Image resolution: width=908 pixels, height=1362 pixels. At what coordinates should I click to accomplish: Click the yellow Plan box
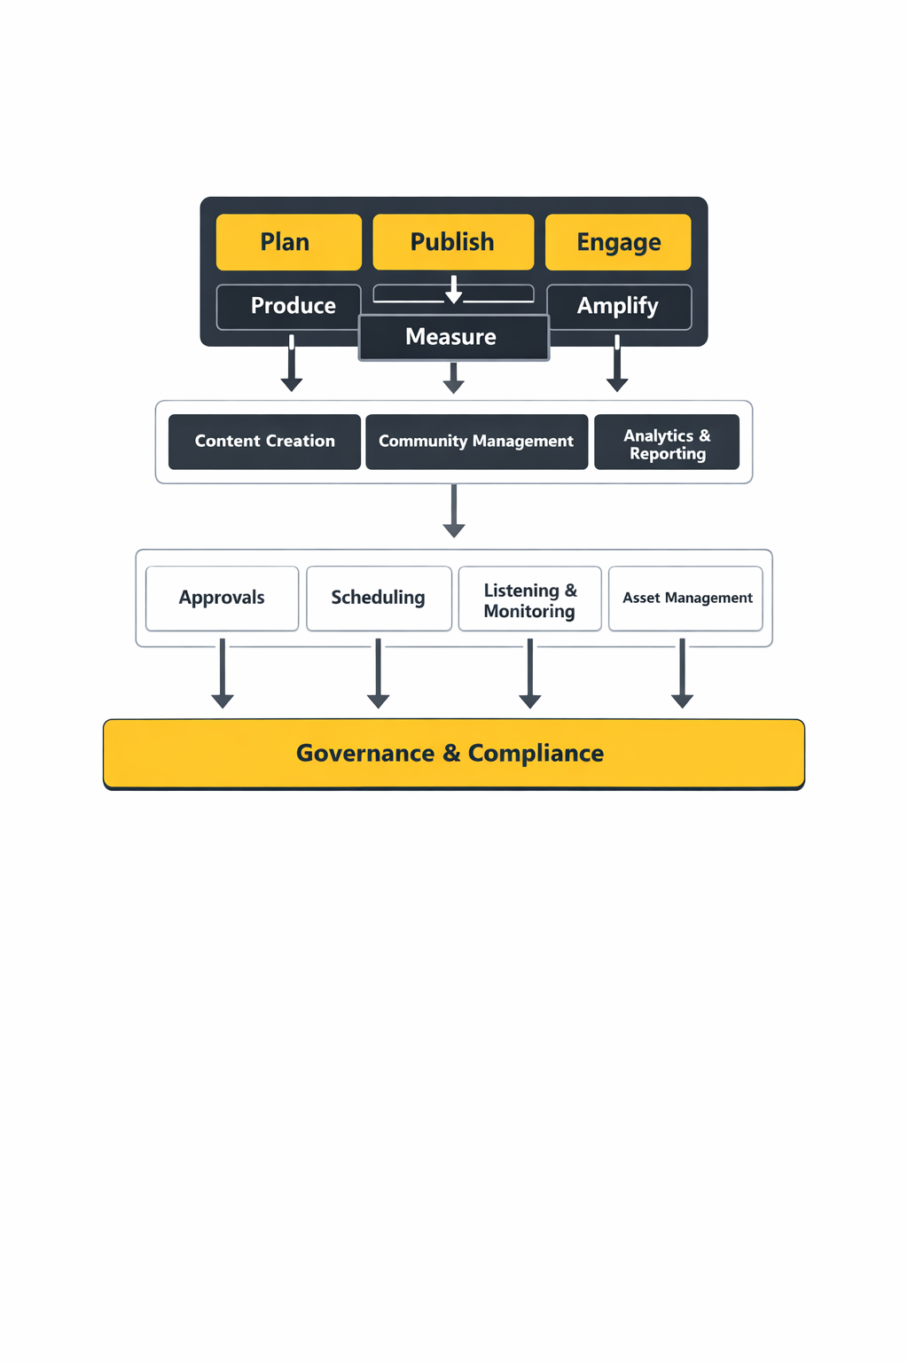click(x=288, y=242)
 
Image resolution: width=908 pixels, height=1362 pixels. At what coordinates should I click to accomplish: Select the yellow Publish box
click(x=453, y=242)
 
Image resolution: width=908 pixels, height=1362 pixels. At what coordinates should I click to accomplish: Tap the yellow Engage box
click(x=618, y=242)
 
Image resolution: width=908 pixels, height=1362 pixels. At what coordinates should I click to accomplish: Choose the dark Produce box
click(x=288, y=307)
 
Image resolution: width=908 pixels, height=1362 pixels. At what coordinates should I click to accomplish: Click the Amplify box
click(x=618, y=307)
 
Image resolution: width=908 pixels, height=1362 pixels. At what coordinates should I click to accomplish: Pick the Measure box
click(x=453, y=338)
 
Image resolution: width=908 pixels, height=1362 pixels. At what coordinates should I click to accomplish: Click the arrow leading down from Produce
click(x=292, y=365)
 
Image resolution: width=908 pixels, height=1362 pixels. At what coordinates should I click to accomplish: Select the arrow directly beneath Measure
click(x=453, y=378)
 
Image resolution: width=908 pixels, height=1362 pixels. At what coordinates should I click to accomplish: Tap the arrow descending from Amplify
click(x=617, y=365)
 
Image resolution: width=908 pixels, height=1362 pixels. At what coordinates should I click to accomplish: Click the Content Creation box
click(x=264, y=442)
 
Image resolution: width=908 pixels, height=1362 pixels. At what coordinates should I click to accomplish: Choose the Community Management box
click(x=476, y=442)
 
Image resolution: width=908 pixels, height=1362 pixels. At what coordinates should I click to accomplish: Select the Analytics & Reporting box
click(x=667, y=442)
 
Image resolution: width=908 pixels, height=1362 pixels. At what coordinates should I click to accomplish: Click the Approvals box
click(x=222, y=599)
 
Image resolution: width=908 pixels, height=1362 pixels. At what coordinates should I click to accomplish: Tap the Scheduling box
click(x=379, y=599)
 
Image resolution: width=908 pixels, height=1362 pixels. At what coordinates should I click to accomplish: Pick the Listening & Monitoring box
click(x=529, y=599)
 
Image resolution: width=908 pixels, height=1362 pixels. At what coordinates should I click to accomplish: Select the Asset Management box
click(x=685, y=599)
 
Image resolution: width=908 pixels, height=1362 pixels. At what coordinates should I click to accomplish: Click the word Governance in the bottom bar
click(x=365, y=754)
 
